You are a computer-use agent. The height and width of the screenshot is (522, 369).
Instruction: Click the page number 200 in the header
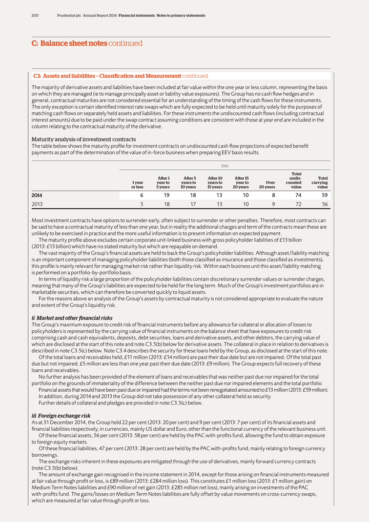pyautogui.click(x=35, y=15)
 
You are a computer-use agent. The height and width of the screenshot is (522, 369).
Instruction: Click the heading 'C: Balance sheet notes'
pyautogui.click(x=69, y=44)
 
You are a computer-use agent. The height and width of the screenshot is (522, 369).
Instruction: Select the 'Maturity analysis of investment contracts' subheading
pyautogui.click(x=84, y=139)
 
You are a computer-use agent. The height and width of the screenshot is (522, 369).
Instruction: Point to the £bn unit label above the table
pyautogui.click(x=224, y=166)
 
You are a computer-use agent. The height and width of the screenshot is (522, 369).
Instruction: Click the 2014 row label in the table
pyautogui.click(x=37, y=195)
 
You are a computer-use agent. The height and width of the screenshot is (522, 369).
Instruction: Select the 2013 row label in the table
pyautogui.click(x=37, y=204)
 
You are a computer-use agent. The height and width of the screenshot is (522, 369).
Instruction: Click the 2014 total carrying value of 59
pyautogui.click(x=324, y=195)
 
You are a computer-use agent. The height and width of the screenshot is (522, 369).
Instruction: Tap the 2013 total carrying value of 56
pyautogui.click(x=324, y=204)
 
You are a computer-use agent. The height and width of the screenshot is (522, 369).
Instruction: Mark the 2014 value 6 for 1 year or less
pyautogui.click(x=141, y=195)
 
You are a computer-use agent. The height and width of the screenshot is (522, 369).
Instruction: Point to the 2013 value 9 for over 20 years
pyautogui.click(x=273, y=204)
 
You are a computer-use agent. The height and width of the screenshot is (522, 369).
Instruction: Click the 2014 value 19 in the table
pyautogui.click(x=167, y=195)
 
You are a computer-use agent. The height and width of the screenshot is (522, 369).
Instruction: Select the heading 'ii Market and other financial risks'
pyautogui.click(x=72, y=318)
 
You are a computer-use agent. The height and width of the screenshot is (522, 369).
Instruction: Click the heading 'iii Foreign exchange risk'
pyautogui.click(x=61, y=416)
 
